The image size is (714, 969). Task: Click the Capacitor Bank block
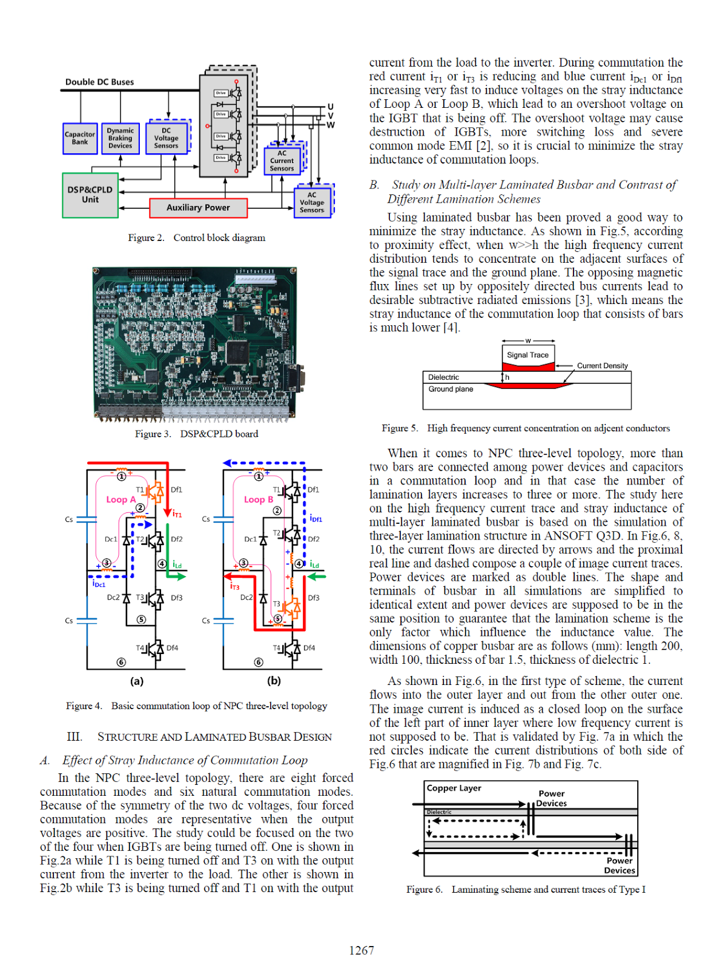tap(80, 139)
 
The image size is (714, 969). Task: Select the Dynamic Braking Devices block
tap(120, 139)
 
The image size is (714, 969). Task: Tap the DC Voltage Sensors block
tap(166, 139)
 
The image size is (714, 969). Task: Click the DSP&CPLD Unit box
tap(90, 194)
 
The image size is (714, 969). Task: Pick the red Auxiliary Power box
tap(198, 208)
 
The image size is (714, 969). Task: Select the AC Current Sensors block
tap(282, 161)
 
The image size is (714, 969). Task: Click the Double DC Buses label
tap(99, 82)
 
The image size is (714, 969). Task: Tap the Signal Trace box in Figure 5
tap(527, 355)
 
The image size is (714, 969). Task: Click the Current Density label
tap(602, 366)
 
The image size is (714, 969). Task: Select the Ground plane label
tap(451, 389)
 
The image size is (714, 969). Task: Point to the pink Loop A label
tap(121, 500)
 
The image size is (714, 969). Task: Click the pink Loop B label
tap(258, 500)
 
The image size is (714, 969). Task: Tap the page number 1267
tap(362, 950)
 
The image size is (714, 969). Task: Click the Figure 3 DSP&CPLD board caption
tap(196, 434)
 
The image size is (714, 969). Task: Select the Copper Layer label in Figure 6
tap(454, 789)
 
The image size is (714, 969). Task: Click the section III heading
tap(199, 737)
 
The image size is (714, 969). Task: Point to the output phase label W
tap(331, 125)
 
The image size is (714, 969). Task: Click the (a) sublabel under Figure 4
tap(137, 681)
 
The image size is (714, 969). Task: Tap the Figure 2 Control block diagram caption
tap(196, 238)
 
